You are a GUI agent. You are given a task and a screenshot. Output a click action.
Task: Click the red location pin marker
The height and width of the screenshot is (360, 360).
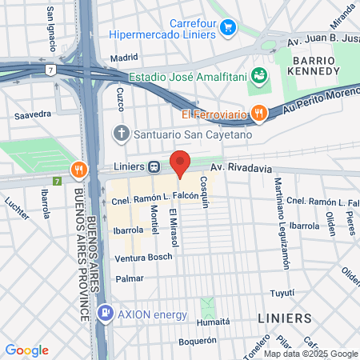(180, 164)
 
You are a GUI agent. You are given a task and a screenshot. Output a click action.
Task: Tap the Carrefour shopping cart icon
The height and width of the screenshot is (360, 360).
(229, 27)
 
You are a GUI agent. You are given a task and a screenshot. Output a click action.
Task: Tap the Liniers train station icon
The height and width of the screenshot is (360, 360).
(154, 167)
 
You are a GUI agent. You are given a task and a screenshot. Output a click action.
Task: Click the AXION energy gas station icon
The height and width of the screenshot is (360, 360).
(105, 312)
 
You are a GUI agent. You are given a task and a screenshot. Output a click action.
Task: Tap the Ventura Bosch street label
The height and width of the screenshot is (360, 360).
(143, 258)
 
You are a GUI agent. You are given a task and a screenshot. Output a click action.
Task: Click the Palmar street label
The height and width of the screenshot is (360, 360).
(130, 278)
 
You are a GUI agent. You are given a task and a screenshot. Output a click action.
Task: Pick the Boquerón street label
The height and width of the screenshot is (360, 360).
(198, 340)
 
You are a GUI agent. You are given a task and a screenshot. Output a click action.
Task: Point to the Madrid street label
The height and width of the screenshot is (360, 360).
(124, 58)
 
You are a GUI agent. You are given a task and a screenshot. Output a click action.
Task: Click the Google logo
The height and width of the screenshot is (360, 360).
(26, 350)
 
